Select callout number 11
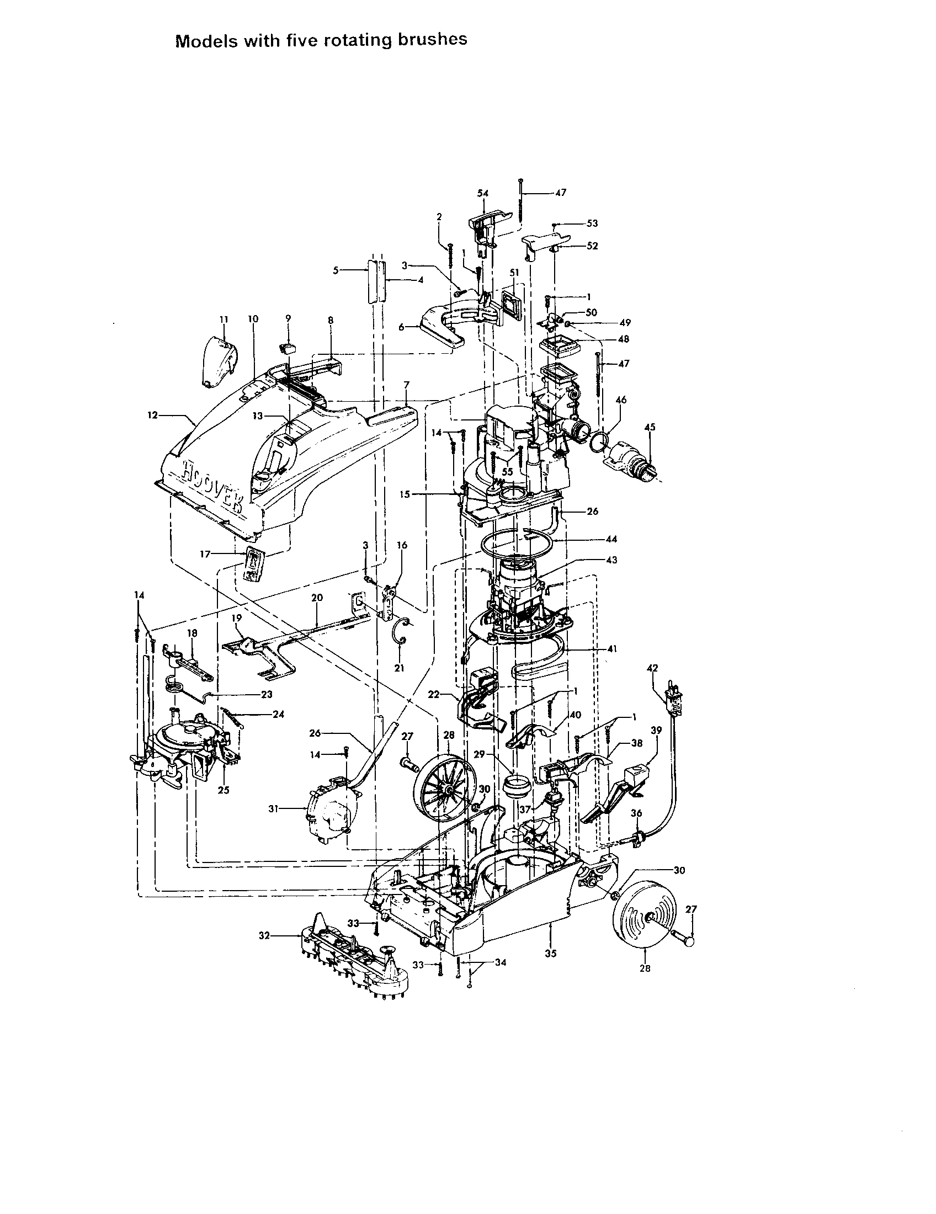tap(224, 319)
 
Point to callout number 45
tap(650, 427)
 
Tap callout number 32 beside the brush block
tap(264, 936)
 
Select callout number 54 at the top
tap(482, 193)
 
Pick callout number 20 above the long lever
tap(317, 598)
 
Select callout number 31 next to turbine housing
tap(273, 809)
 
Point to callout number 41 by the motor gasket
tap(612, 648)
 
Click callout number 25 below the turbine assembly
tap(224, 790)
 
